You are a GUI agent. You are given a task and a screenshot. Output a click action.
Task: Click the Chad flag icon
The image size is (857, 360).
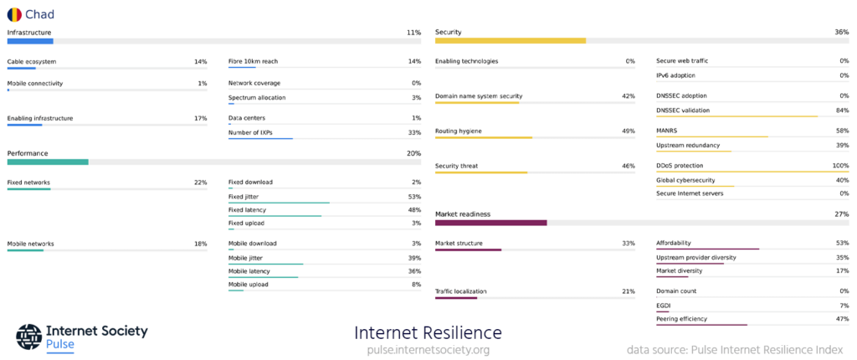click(x=14, y=14)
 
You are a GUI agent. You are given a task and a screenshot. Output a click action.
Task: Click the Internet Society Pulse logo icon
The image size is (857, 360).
click(x=28, y=336)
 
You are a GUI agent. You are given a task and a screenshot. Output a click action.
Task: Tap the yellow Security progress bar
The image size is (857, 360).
click(x=510, y=40)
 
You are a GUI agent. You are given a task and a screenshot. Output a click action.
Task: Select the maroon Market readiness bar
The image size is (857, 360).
click(x=490, y=223)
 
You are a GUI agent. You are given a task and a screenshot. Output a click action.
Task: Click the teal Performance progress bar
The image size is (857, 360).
click(x=48, y=162)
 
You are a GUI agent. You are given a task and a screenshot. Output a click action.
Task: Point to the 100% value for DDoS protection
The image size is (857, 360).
click(x=839, y=166)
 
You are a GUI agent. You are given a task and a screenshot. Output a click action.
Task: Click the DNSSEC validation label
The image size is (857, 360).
click(x=683, y=110)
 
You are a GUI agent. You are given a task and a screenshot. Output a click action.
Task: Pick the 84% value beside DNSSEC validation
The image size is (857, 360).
click(x=842, y=110)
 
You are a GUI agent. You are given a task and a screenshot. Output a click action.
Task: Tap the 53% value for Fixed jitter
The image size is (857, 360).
click(x=414, y=196)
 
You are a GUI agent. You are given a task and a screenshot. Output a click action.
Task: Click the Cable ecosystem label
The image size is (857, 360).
click(x=32, y=61)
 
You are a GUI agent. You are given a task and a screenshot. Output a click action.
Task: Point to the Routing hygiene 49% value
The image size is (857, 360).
click(x=628, y=131)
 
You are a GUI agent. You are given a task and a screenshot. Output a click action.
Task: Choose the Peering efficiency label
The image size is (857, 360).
click(x=681, y=319)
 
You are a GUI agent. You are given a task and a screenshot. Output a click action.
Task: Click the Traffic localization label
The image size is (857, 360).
click(x=461, y=291)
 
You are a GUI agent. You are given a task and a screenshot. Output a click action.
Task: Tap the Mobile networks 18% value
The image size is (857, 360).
click(x=200, y=244)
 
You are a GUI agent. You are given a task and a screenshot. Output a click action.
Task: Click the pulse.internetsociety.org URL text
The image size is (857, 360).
click(x=428, y=349)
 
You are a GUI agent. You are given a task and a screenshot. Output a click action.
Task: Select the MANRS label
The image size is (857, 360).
click(x=668, y=131)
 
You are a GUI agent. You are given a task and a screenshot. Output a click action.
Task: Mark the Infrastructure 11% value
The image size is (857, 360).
click(x=413, y=33)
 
